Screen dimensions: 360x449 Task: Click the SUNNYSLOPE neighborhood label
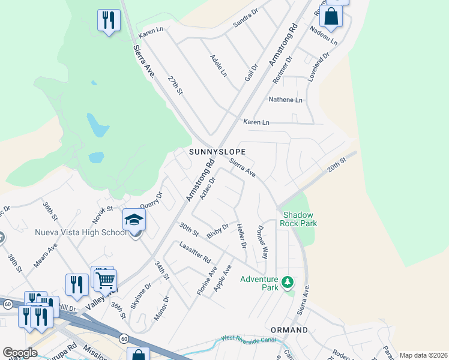(217, 152)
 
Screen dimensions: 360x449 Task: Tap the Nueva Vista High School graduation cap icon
(134, 221)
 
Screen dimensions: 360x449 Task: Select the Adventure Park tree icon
(288, 281)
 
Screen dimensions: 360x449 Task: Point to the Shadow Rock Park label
(300, 219)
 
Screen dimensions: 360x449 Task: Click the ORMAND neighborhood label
(289, 330)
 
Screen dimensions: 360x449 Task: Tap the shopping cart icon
(105, 279)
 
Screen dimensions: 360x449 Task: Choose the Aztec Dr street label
(208, 189)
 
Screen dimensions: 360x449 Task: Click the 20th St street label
(337, 164)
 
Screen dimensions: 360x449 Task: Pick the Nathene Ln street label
(285, 100)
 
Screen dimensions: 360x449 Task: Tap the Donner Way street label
(261, 242)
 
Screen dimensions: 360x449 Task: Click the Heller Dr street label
(241, 236)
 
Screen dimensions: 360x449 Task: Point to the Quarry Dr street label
(151, 202)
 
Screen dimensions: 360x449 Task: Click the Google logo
(20, 353)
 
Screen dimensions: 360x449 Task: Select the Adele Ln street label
(218, 65)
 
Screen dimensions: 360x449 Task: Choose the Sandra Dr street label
(245, 18)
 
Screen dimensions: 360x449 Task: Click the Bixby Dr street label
(218, 231)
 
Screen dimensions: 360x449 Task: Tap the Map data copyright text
(423, 355)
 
